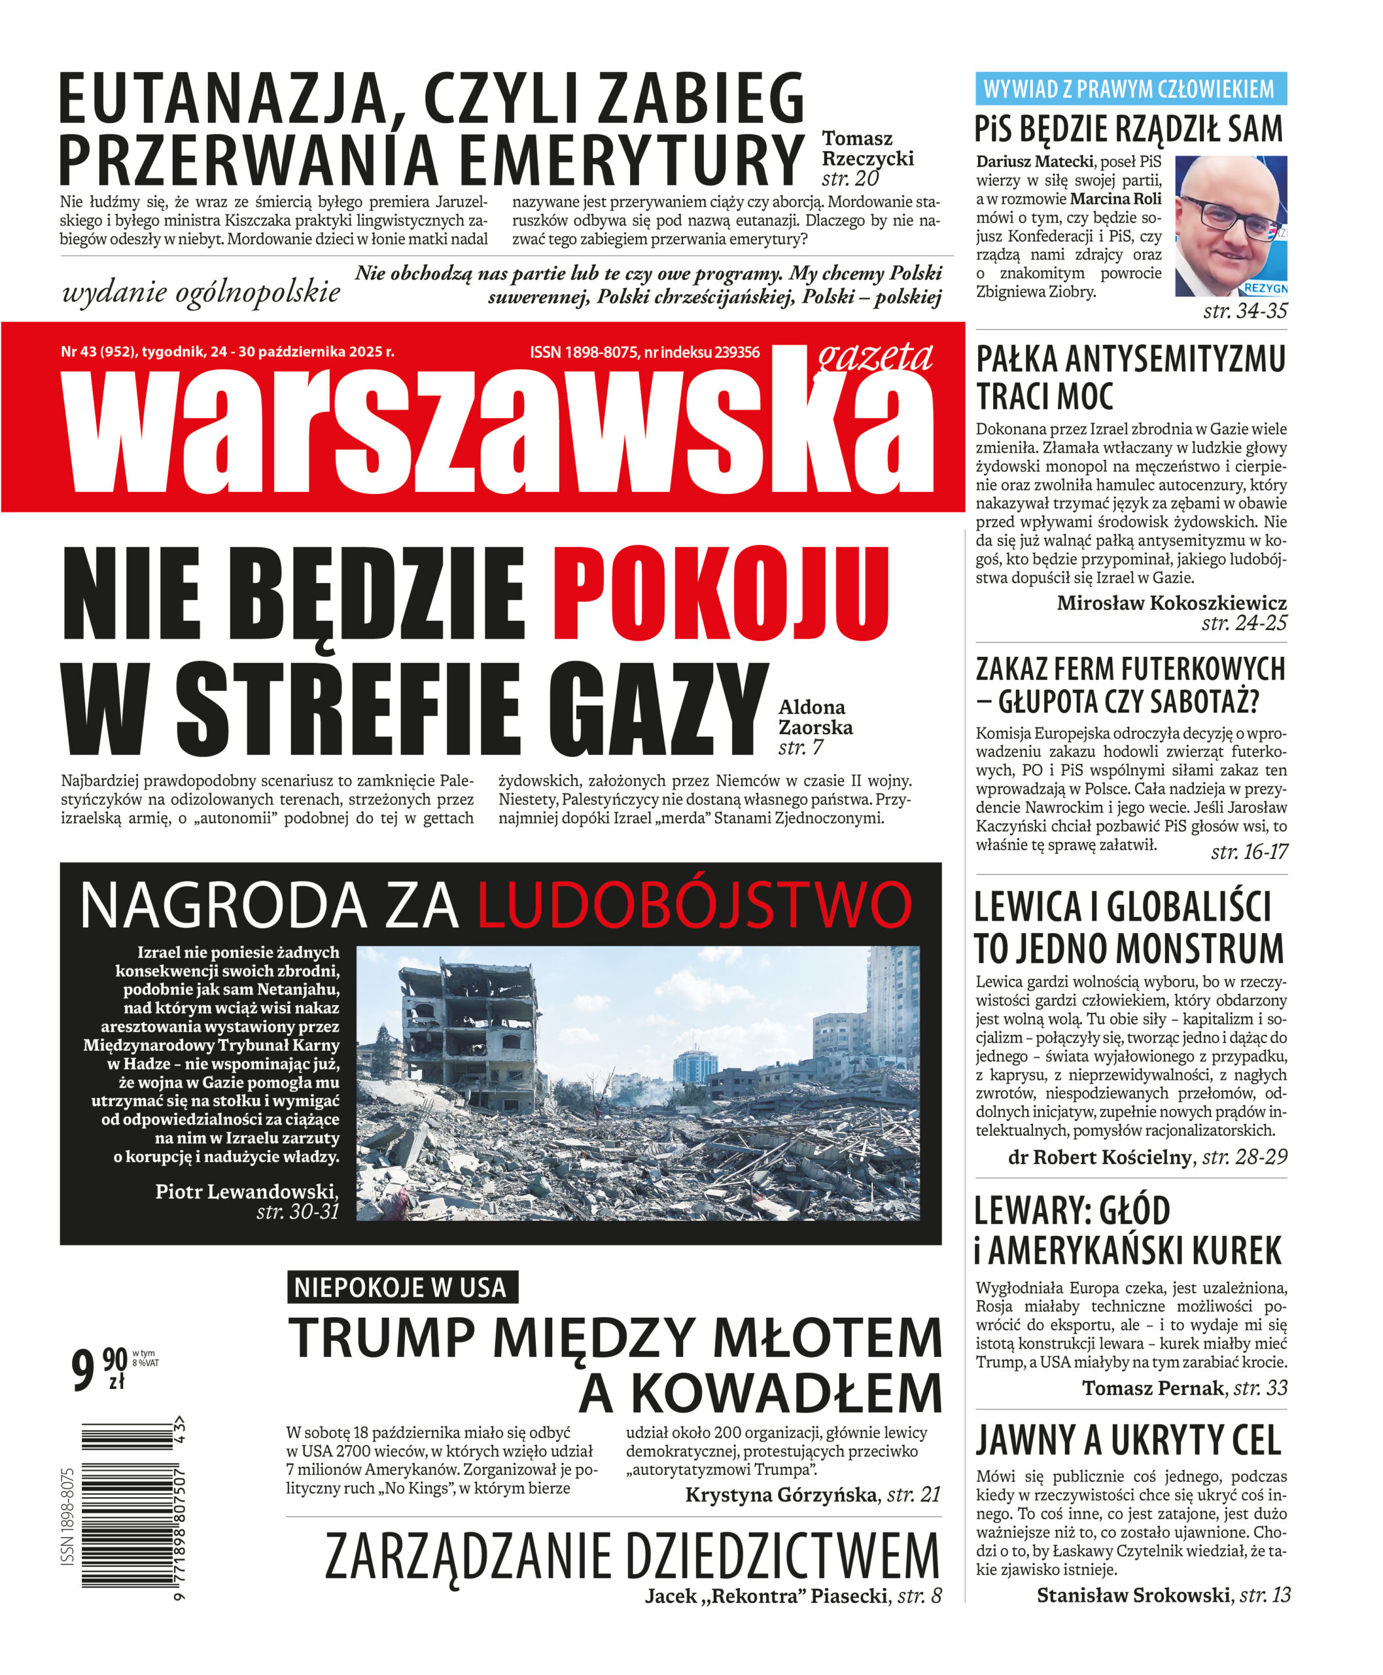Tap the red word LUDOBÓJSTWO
tap(694, 906)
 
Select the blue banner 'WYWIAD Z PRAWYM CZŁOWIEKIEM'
tap(1130, 88)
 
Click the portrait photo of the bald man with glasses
tap(1230, 226)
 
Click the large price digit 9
tap(84, 1369)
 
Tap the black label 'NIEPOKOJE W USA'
tap(402, 1287)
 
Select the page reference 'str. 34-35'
tap(1244, 311)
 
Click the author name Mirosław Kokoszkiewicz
tap(1171, 603)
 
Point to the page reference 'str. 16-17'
tap(1248, 852)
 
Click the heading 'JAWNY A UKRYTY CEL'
tap(1128, 1440)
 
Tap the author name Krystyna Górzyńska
tap(780, 1494)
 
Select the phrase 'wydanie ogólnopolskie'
tap(201, 292)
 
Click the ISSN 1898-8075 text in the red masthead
tap(585, 352)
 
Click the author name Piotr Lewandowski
tap(246, 1191)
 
